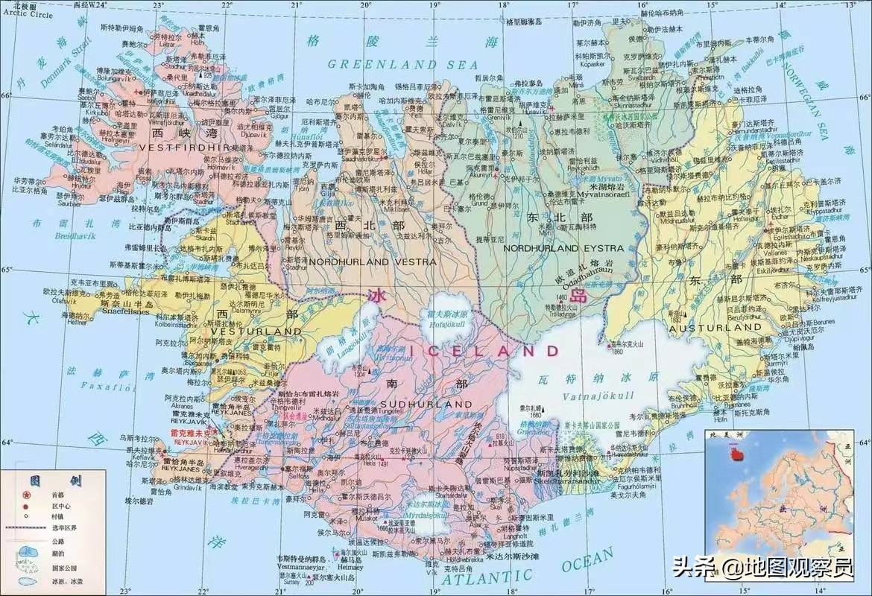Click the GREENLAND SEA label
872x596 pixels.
tap(403, 64)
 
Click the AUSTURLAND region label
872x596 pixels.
tap(715, 327)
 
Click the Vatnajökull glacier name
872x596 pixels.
tap(598, 395)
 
